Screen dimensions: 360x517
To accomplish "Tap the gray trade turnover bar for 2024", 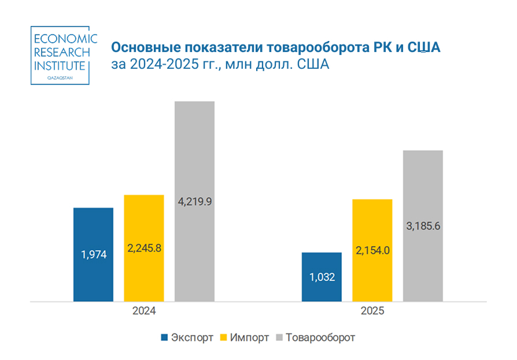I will pyautogui.click(x=194, y=144).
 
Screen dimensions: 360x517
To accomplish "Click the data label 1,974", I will pyautogui.click(x=93, y=254).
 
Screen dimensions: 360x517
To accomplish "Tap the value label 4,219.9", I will pyautogui.click(x=194, y=202).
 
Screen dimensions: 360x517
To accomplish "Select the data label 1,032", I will pyautogui.click(x=322, y=277).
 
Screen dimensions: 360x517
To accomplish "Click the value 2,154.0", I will pyautogui.click(x=372, y=250).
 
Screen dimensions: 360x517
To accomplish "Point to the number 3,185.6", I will pyautogui.click(x=423, y=227).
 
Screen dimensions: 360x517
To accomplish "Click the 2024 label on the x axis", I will pyautogui.click(x=143, y=311).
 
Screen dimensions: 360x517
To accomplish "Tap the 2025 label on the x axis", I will pyautogui.click(x=372, y=311).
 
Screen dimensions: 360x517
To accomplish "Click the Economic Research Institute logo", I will pyautogui.click(x=60, y=55).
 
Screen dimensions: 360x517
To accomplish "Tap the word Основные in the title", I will pyautogui.click(x=143, y=46).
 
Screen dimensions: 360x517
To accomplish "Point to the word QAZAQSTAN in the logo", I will pyautogui.click(x=60, y=77).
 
